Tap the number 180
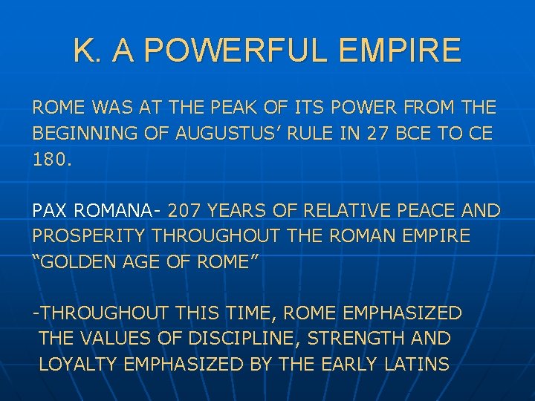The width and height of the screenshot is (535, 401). tap(53, 160)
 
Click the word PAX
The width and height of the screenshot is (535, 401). tap(51, 211)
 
